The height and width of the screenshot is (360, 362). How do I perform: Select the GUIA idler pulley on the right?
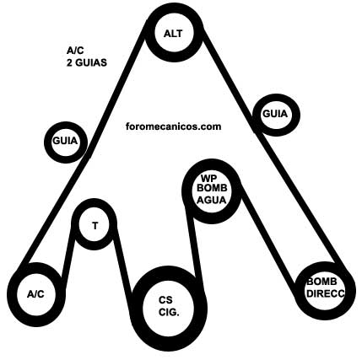click(x=276, y=99)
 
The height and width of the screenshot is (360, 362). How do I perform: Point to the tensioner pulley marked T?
click(x=94, y=203)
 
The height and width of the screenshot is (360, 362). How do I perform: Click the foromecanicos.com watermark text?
click(x=173, y=126)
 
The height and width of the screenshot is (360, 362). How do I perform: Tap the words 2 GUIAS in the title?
click(x=87, y=62)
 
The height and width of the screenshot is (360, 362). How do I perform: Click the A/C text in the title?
click(x=75, y=51)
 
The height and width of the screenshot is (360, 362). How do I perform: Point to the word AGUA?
click(x=212, y=200)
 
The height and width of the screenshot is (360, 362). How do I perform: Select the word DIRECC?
click(x=325, y=293)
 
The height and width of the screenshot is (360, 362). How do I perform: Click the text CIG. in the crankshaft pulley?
click(x=169, y=312)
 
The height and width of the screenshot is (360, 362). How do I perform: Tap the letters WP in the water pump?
click(x=209, y=178)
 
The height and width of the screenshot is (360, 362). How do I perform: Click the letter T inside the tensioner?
click(x=95, y=226)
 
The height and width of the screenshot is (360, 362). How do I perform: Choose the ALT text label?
click(x=173, y=34)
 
